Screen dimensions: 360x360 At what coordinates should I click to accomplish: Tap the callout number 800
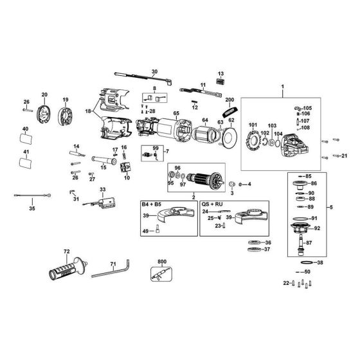(161, 262)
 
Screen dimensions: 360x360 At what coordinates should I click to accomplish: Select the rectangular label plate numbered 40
(26, 140)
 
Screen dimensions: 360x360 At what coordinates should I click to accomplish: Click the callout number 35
(33, 208)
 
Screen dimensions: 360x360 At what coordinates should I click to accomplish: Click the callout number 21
(344, 156)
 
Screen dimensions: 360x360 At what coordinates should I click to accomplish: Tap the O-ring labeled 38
(308, 264)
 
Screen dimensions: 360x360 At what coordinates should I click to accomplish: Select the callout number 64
(205, 120)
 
